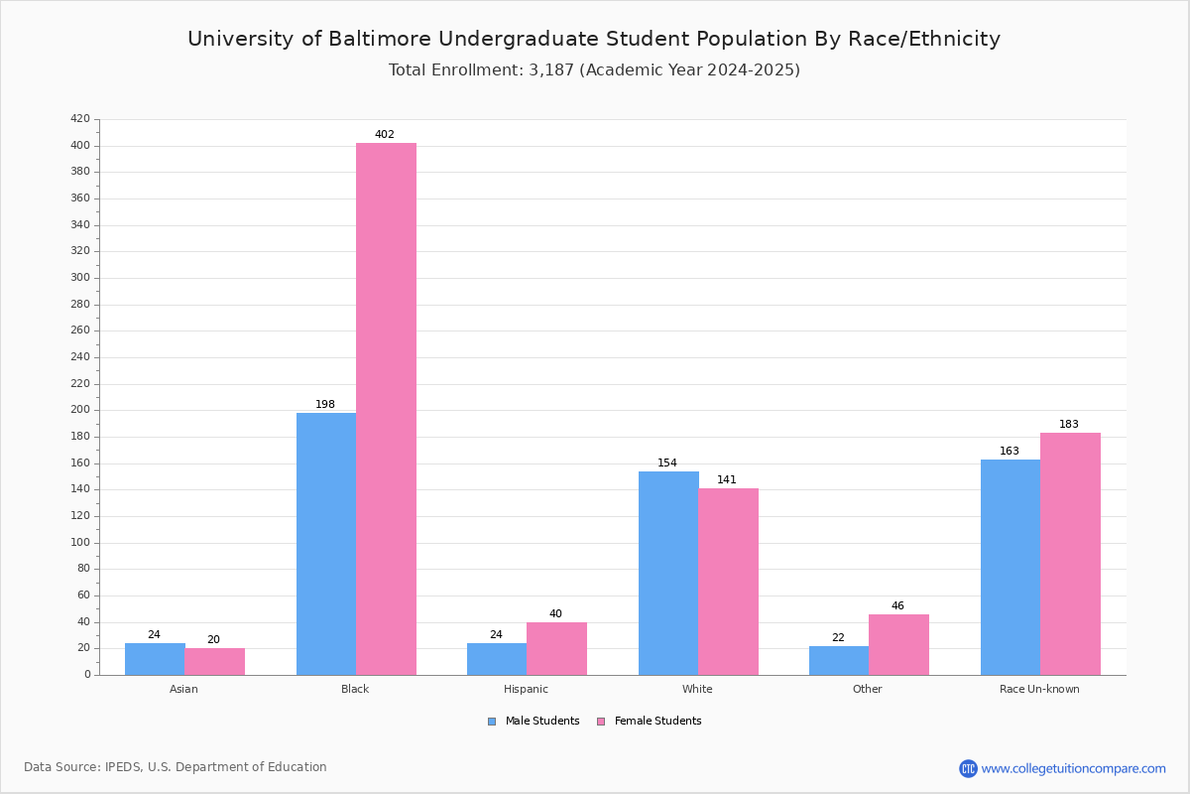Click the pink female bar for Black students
point(386,409)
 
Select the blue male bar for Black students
point(326,544)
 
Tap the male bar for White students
point(668,574)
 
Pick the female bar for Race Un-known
point(1070,554)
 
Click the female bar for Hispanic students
point(556,649)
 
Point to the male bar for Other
point(839,661)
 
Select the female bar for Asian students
point(214,662)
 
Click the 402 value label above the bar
point(385,134)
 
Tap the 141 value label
point(727,479)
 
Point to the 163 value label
point(1010,451)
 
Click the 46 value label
point(897,605)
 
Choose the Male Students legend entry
point(534,722)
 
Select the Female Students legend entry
point(649,722)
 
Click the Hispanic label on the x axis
point(526,689)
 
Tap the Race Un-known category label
point(1039,689)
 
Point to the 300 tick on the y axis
point(80,278)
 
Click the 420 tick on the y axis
point(80,118)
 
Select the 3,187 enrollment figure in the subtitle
point(551,70)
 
